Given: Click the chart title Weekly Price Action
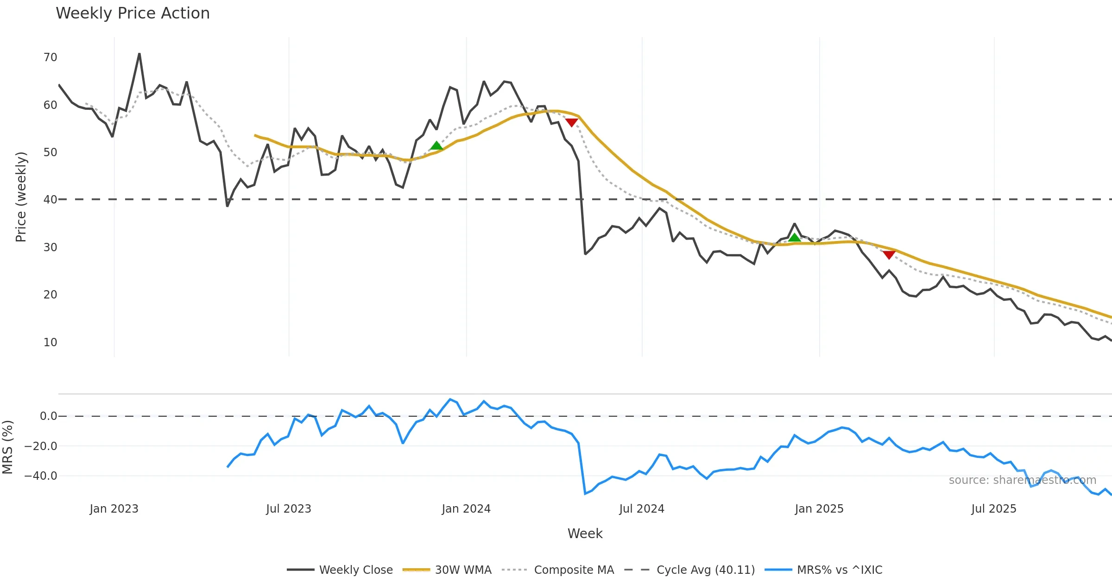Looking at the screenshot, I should click(x=133, y=13).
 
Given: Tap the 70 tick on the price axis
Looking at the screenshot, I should click(x=50, y=57).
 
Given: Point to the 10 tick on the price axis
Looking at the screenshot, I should click(x=50, y=343).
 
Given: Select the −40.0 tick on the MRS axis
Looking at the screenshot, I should click(x=41, y=476).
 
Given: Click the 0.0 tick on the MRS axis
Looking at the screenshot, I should click(x=48, y=416).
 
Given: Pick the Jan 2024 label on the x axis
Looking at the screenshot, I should click(x=466, y=509).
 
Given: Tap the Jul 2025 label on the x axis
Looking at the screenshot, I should click(x=993, y=509).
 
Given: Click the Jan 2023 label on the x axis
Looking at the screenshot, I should click(x=114, y=509).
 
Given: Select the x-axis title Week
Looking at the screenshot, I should click(x=585, y=534).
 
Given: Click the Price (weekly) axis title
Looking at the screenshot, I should click(x=21, y=197).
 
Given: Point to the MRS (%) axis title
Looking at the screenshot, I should click(x=7, y=447).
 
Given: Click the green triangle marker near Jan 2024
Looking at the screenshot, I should click(x=436, y=146).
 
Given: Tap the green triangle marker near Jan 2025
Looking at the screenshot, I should click(x=794, y=238).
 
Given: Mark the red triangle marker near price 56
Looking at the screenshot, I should click(x=572, y=122).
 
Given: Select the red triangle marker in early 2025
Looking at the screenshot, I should click(x=889, y=254).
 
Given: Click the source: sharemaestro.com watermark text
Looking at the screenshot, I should click(x=1022, y=480).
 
